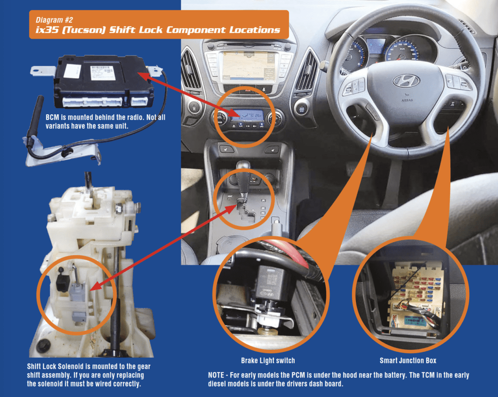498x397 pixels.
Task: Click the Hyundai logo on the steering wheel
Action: click(x=406, y=81)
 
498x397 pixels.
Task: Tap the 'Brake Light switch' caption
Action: click(x=267, y=361)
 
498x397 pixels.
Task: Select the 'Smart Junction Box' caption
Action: click(x=408, y=361)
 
